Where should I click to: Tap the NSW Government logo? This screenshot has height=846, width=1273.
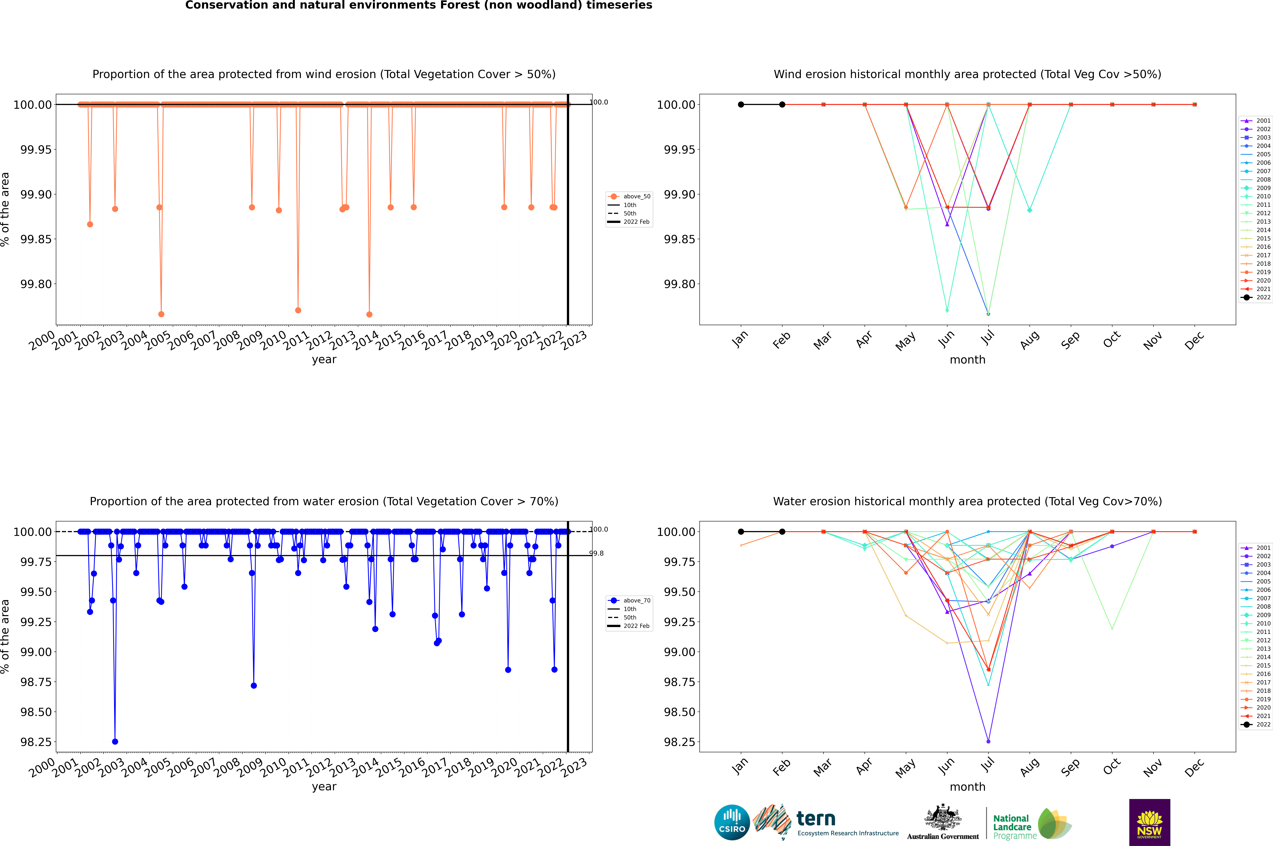[1149, 822]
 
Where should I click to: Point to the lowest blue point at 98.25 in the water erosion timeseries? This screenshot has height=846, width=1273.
[115, 741]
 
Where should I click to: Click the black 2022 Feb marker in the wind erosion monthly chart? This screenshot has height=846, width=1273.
[782, 105]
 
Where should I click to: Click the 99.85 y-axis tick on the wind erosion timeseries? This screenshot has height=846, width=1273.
[36, 239]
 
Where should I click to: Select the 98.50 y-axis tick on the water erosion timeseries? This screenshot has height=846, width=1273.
[36, 712]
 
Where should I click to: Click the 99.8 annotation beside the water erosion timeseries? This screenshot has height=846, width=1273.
[596, 553]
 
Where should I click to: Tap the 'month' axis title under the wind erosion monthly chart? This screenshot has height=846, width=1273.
[967, 360]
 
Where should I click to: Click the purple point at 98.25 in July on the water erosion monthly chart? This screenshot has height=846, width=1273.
[988, 741]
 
